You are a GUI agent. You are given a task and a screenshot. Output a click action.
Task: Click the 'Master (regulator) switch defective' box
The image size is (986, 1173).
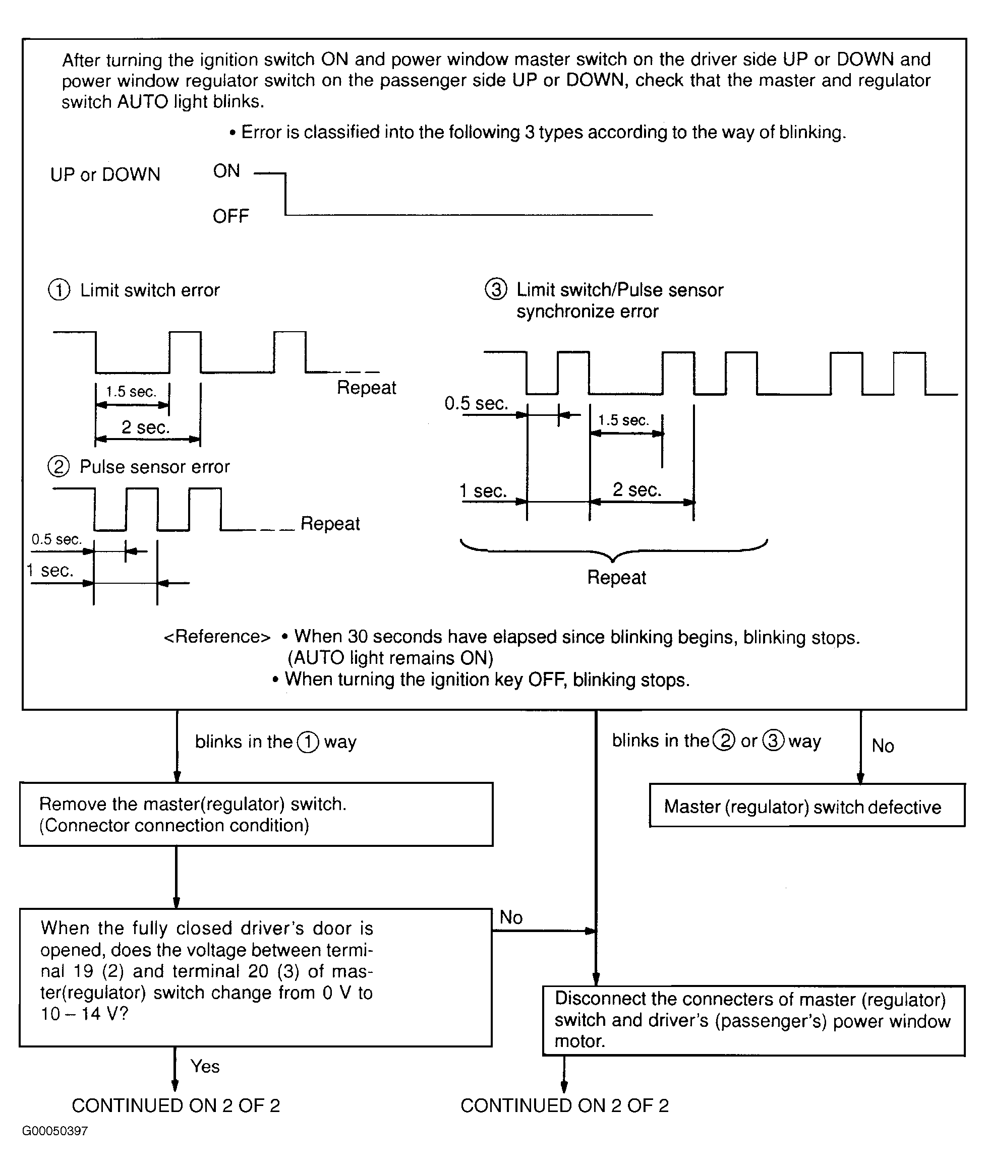[x=807, y=806]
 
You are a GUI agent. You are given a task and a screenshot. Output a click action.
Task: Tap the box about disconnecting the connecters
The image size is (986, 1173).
[x=754, y=1020]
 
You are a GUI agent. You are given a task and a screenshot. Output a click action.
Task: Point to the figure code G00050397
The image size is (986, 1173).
[x=55, y=1131]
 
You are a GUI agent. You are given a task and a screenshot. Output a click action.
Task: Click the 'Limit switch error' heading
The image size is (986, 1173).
[x=150, y=290]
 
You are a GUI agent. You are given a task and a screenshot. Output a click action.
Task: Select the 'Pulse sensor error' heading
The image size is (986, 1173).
[x=155, y=467]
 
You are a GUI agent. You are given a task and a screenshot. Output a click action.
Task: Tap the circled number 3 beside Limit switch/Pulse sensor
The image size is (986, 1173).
[x=496, y=289]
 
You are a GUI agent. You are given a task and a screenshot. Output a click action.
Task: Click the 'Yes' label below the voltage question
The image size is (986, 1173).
[x=205, y=1066]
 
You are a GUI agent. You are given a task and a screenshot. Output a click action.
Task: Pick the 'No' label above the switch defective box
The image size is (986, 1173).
[x=883, y=746]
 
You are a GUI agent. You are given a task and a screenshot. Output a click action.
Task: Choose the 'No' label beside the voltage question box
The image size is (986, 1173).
[x=511, y=917]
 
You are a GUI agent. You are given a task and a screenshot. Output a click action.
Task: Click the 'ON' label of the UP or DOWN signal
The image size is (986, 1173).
[x=226, y=171]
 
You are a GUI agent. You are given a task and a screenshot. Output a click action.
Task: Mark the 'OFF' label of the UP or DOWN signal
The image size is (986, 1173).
[x=231, y=216]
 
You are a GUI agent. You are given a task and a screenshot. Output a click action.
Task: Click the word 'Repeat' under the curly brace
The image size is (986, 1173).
[x=616, y=577]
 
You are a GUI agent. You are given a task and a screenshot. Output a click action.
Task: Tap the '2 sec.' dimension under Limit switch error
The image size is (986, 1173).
[x=145, y=427]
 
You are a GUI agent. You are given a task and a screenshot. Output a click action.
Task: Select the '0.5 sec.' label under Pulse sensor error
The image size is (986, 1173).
[x=57, y=539]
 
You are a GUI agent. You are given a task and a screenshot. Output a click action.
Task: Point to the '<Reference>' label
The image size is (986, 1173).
[x=217, y=637]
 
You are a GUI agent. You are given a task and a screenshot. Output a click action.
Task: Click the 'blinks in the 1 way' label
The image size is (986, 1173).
[x=275, y=742]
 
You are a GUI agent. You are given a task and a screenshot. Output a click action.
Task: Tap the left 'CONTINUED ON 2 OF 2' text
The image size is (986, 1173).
[x=176, y=1105]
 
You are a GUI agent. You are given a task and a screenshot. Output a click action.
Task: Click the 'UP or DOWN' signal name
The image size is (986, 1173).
[x=105, y=175]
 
